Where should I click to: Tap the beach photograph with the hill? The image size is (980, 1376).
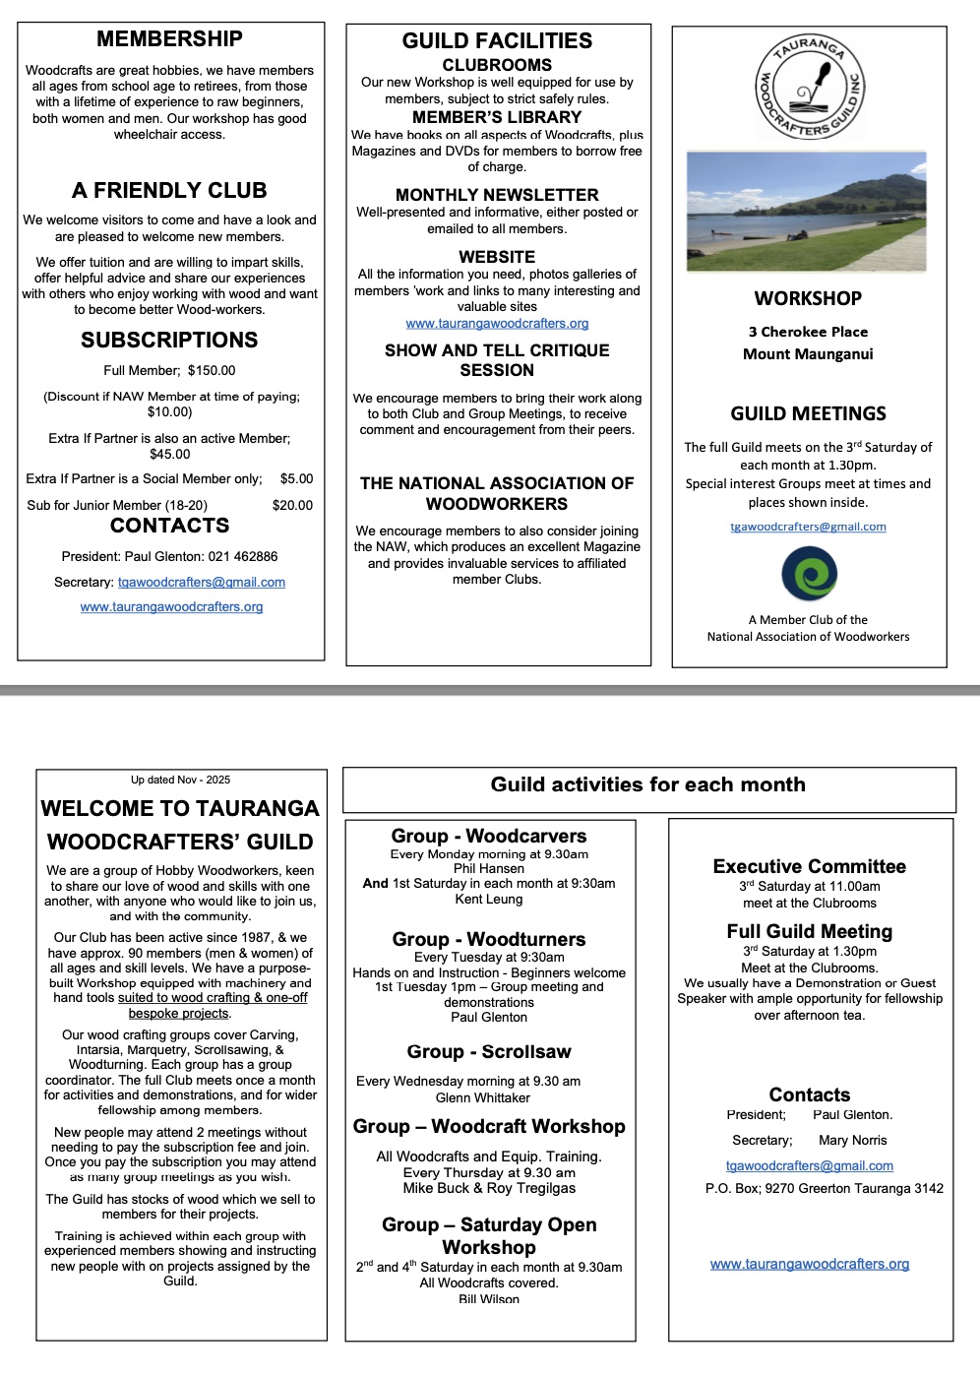806,212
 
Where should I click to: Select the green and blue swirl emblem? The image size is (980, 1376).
809,574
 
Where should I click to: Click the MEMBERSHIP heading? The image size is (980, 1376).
169,39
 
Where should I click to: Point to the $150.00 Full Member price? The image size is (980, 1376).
212,371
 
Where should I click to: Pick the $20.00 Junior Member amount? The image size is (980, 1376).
292,505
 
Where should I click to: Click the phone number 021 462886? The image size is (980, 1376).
243,556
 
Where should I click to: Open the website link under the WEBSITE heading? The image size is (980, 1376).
497,323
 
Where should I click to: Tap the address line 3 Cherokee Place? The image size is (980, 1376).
808,332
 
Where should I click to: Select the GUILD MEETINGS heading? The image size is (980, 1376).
808,414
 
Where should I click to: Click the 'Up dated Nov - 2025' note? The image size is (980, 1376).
180,780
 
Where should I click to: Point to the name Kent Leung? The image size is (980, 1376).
489,899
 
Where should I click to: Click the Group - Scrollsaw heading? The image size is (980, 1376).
489,1052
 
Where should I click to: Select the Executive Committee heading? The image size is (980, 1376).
809,867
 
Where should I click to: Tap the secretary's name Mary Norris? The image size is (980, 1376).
852,1140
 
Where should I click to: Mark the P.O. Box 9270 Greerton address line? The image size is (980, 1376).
824,1188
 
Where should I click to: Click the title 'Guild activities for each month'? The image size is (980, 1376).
647,784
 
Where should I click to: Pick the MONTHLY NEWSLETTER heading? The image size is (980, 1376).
497,195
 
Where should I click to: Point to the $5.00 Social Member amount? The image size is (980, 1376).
296,479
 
